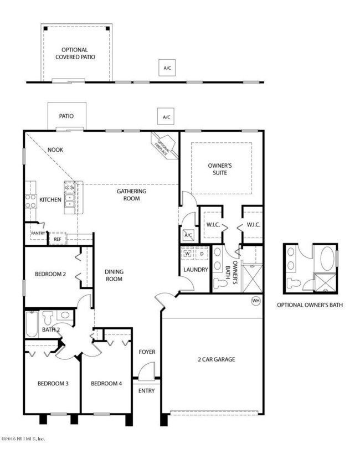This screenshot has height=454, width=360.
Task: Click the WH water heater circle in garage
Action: click(255, 301)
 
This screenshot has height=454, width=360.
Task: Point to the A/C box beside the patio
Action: click(166, 117)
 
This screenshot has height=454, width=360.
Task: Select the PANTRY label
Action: click(38, 233)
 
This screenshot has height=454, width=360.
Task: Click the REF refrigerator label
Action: click(58, 239)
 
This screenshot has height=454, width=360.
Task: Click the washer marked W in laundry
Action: click(188, 254)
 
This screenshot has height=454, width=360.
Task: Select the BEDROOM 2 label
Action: click(50, 274)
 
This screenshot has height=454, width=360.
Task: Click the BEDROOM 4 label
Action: click(107, 383)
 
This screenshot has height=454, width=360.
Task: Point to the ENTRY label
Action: click(147, 390)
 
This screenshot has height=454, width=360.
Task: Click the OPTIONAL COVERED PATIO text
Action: click(77, 53)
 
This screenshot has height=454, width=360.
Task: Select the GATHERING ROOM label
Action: click(131, 195)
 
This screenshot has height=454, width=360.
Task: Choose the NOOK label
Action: click(55, 149)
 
